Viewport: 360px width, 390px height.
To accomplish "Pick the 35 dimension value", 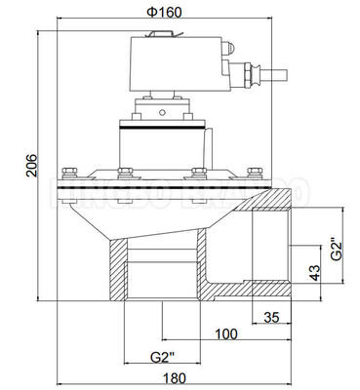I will [272, 316].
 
